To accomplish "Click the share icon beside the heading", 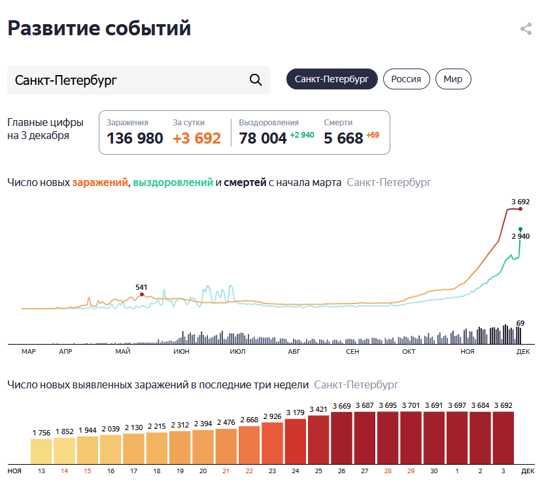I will (x=526, y=29).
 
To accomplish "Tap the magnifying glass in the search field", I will (x=256, y=80).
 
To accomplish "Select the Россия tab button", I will (x=406, y=79).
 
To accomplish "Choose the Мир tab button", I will (x=453, y=79).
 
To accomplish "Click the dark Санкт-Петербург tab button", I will (x=332, y=79).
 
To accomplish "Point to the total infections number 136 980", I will (x=135, y=138).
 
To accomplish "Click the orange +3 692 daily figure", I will (x=197, y=138).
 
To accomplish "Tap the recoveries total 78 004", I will (x=263, y=138).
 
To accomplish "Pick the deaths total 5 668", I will (x=343, y=138).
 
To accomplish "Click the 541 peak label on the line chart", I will (x=141, y=287).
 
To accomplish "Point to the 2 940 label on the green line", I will (x=520, y=236).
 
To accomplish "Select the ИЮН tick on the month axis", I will (x=182, y=352).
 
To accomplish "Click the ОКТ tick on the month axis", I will (x=409, y=352).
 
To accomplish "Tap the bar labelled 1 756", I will (x=42, y=450).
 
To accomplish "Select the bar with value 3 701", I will (x=411, y=437).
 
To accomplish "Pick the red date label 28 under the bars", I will (x=388, y=470).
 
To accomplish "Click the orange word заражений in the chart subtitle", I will (x=99, y=183).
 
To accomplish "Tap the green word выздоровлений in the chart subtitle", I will (x=173, y=183).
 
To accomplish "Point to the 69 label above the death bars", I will (x=520, y=322).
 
